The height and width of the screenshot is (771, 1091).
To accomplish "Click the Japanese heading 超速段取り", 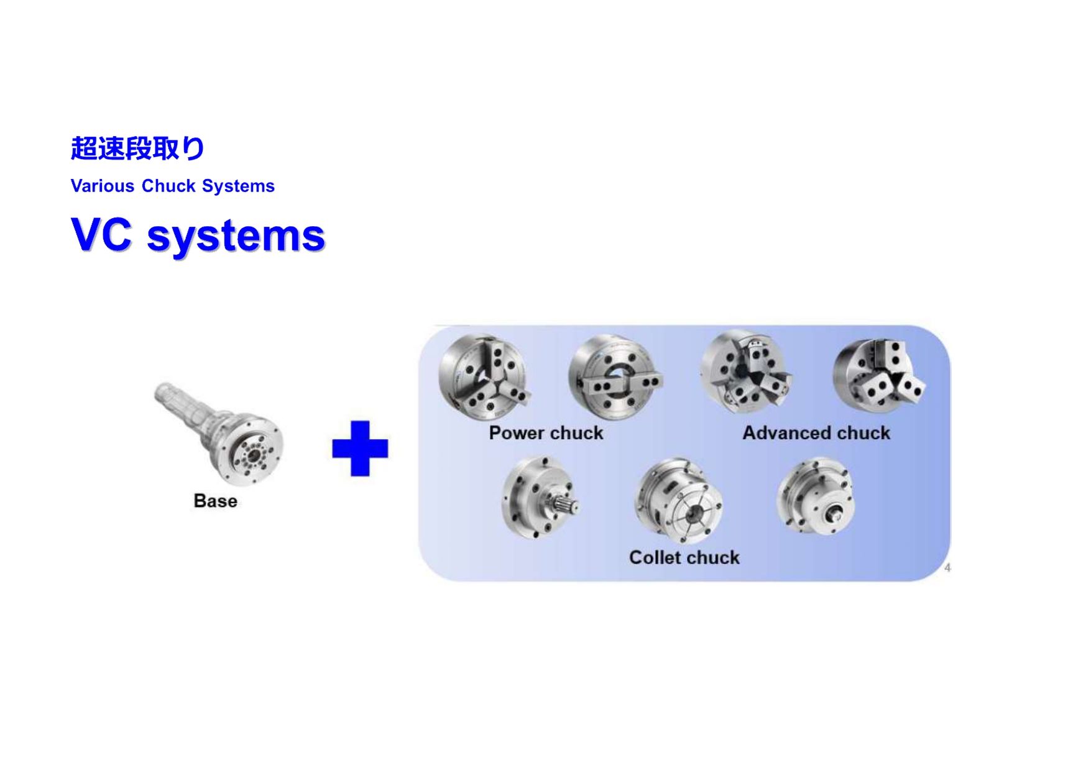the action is [137, 148].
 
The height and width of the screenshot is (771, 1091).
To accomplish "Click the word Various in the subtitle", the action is [103, 186].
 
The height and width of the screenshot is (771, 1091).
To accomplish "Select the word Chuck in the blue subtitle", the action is [168, 186].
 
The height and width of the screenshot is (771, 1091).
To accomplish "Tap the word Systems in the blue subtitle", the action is [238, 186].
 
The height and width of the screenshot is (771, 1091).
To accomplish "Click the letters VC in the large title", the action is [102, 235].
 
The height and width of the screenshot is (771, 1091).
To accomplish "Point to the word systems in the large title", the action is [236, 237].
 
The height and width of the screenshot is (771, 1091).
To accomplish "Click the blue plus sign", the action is [360, 449].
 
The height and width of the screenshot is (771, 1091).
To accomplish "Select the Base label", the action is [216, 501].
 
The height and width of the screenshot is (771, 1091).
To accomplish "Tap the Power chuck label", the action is [546, 432].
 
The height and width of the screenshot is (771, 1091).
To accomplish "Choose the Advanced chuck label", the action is [816, 432].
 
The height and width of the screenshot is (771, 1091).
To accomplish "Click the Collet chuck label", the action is [684, 557].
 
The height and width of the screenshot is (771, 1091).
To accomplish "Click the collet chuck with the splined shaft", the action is [540, 497].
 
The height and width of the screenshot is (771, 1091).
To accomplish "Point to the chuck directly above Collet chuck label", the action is [679, 501].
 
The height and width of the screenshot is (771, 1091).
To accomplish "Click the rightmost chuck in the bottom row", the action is [816, 495].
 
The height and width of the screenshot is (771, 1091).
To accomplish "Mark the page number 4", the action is [947, 567].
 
